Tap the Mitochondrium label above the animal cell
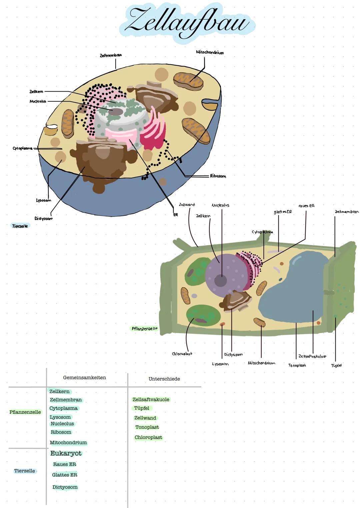tap(210, 52)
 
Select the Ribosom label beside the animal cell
tap(218, 176)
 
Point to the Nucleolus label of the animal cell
tap(38, 101)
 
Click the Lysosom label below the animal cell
tap(44, 200)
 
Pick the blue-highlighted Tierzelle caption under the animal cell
tap(20, 226)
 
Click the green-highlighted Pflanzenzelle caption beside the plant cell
tap(144, 328)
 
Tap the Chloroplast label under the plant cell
tap(182, 354)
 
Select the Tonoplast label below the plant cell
tap(297, 365)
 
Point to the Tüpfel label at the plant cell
tap(336, 365)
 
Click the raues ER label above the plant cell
tap(306, 206)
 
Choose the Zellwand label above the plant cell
tap(187, 205)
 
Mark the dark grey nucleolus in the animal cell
tap(115, 112)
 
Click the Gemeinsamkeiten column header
tap(85, 377)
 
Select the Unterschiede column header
tap(164, 379)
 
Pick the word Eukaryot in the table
tap(66, 453)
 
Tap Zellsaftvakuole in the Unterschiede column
tap(151, 399)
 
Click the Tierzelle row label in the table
tap(24, 471)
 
